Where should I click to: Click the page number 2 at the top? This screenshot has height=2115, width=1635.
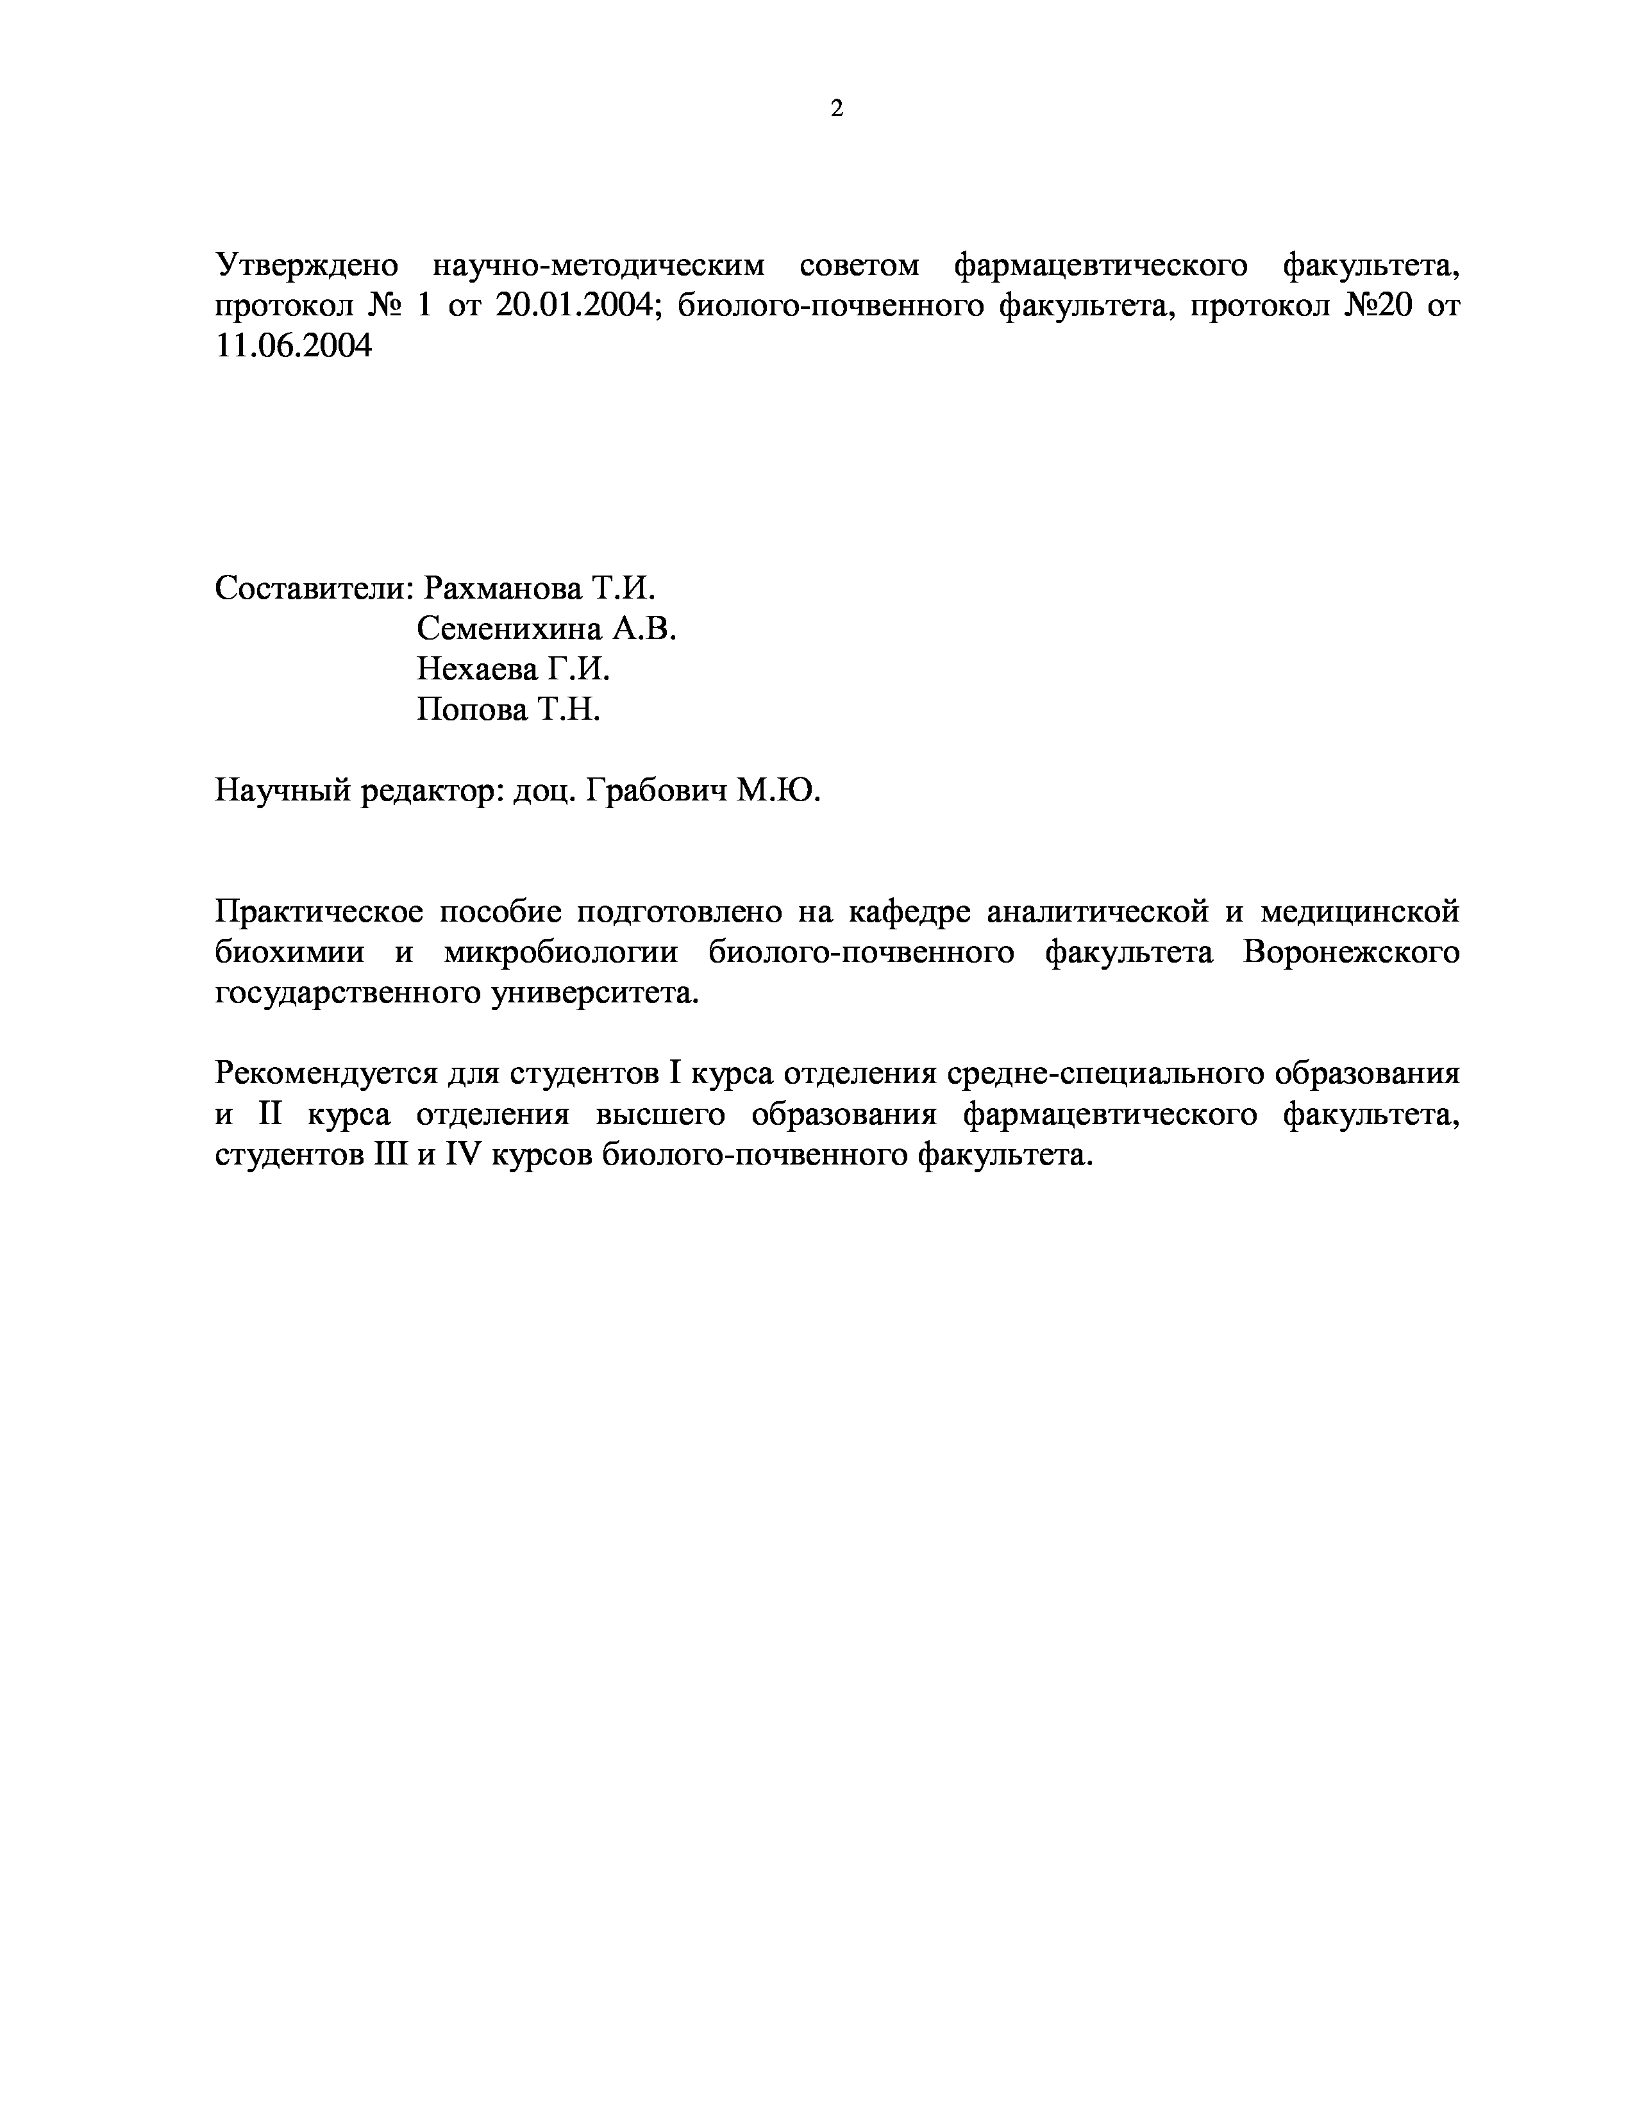point(837,108)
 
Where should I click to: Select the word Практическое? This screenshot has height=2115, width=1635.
point(317,912)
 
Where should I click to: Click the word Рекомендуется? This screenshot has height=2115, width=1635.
point(324,1075)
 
